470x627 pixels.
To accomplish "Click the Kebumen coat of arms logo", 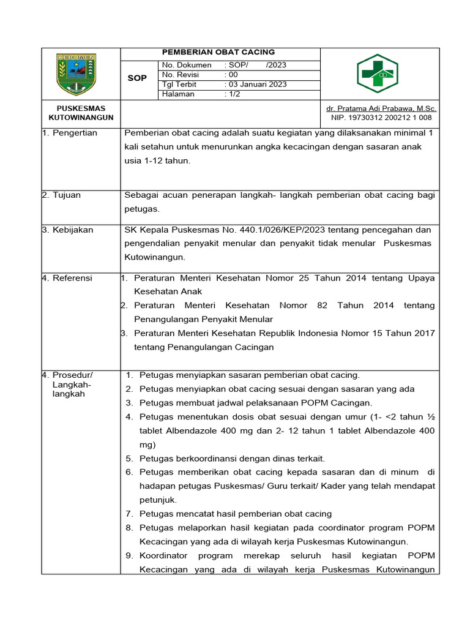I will pos(76,73).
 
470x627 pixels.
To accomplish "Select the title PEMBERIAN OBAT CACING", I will pos(218,53).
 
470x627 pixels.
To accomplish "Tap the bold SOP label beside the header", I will pos(137,78).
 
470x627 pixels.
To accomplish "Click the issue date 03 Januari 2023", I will pos(256,84).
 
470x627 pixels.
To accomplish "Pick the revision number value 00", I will pos(233,75).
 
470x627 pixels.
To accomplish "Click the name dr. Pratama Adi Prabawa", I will pos(381,108).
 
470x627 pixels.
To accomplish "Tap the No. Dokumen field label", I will pos(187,65).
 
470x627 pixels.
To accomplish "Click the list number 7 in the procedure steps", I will pos(129,514).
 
